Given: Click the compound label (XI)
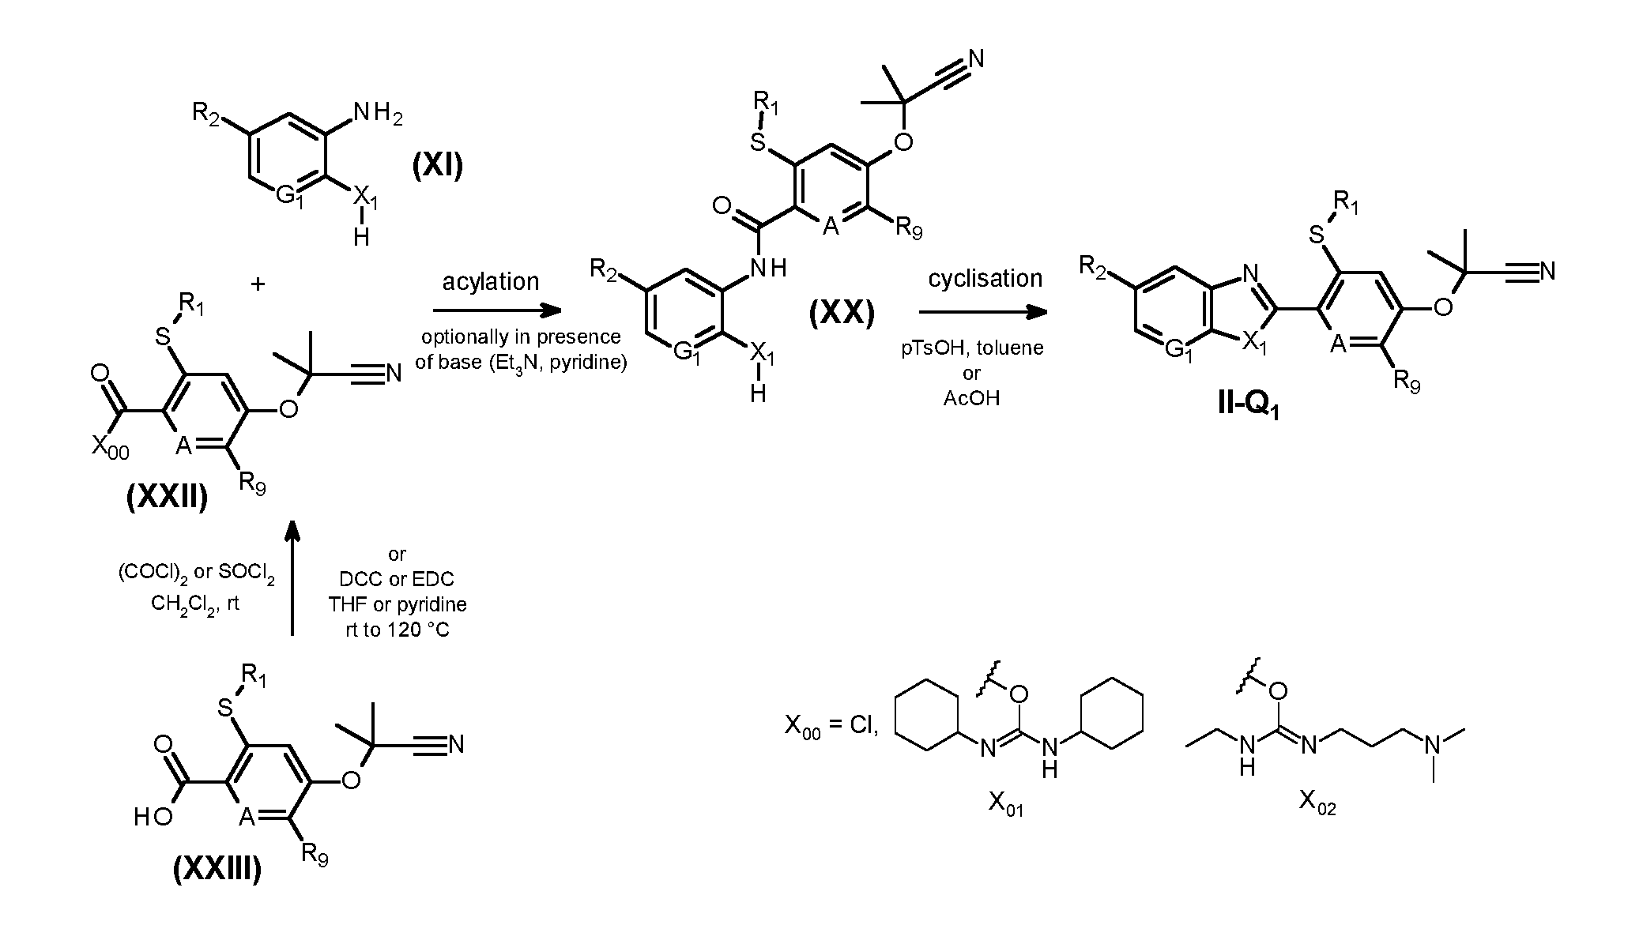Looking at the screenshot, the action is coord(437,166).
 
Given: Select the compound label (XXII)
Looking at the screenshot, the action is coord(167,498).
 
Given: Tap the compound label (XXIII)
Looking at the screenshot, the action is coord(217,869).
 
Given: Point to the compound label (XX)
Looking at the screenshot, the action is coord(842,314).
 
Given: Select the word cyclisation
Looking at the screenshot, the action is coord(985,278).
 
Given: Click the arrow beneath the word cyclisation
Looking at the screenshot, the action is coord(984,311).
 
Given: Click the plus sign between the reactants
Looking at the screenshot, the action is coord(258,284).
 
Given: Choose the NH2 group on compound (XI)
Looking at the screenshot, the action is coord(378,114).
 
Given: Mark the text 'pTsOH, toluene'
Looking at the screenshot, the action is coord(971,348).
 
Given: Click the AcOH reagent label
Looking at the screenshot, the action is coord(971,398).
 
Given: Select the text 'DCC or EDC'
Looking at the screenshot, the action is coord(397,579).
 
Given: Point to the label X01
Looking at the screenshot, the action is coord(1005,804).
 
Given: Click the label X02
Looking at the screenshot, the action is coord(1317,803).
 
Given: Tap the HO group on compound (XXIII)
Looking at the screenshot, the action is coord(153,817).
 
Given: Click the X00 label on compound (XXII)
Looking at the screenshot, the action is coord(111,448).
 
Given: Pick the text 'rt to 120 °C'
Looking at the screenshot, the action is coord(398,630).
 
